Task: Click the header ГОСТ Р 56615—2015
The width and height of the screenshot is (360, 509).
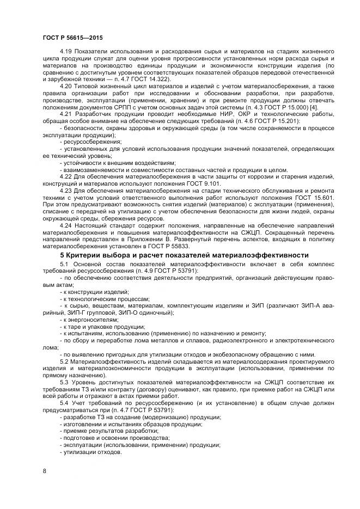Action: click(x=72, y=38)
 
